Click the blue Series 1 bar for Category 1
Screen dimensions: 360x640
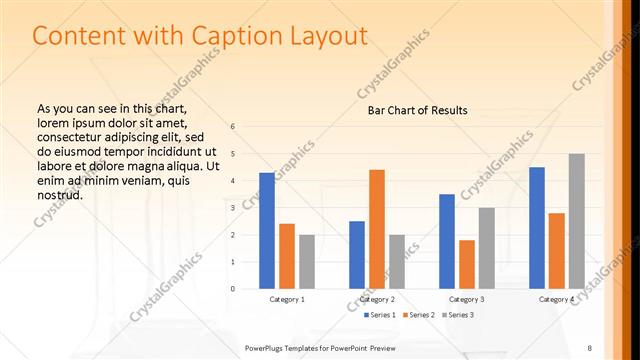click(267, 231)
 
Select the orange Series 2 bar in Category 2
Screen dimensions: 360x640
click(377, 229)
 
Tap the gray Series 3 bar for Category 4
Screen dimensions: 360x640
click(577, 221)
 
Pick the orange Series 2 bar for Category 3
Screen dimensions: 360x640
click(467, 264)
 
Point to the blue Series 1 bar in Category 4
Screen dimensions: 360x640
click(537, 228)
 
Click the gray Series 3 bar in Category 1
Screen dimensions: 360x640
click(307, 262)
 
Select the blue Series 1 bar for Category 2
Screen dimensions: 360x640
click(357, 255)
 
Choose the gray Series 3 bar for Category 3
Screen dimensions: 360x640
click(487, 248)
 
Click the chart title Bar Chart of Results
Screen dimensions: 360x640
click(412, 110)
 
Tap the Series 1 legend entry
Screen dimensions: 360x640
click(380, 315)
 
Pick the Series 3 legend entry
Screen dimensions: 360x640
click(458, 315)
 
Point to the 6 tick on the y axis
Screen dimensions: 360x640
click(232, 127)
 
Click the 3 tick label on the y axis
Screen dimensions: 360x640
click(232, 208)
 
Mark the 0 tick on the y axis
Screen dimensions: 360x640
click(232, 289)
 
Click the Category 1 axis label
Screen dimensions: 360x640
click(287, 299)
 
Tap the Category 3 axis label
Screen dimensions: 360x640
click(467, 299)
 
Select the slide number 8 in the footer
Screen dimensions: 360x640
click(590, 347)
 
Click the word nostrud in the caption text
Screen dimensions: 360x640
click(59, 194)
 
